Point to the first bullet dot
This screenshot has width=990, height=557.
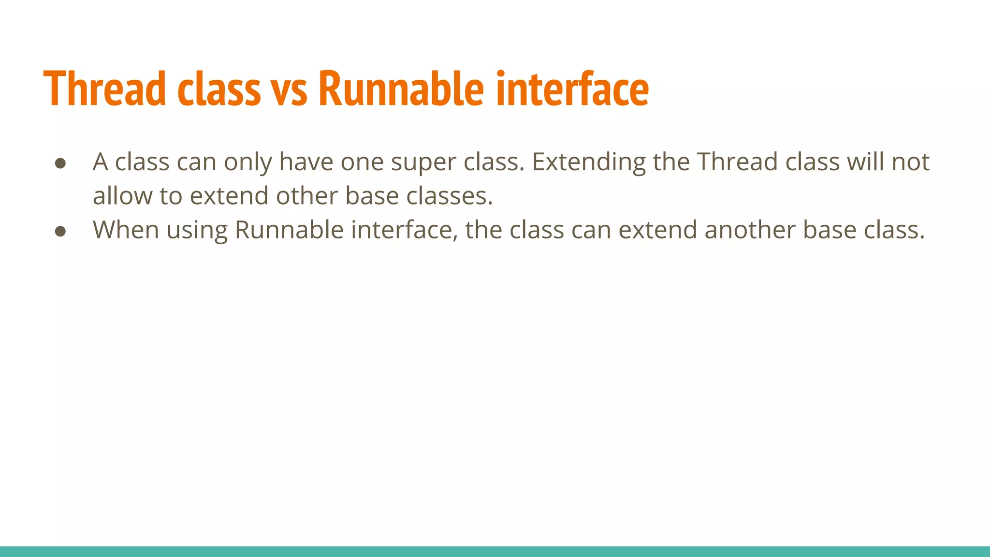click(60, 163)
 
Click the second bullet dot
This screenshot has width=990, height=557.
click(60, 231)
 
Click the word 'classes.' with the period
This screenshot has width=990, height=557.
click(449, 196)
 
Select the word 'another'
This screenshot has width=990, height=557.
click(749, 230)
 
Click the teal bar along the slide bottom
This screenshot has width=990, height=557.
click(495, 551)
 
